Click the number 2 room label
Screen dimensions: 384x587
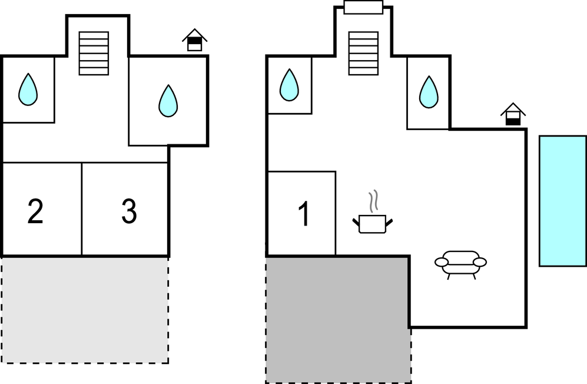pyautogui.click(x=35, y=212)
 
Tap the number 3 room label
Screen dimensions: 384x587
pyautogui.click(x=129, y=212)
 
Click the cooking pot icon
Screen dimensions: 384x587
pyautogui.click(x=372, y=224)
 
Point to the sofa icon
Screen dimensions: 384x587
pyautogui.click(x=460, y=263)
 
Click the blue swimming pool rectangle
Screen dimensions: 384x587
pyautogui.click(x=562, y=201)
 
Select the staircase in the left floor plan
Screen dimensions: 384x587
pyautogui.click(x=94, y=53)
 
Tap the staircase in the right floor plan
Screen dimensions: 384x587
pyautogui.click(x=363, y=53)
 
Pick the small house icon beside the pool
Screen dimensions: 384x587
pyautogui.click(x=513, y=114)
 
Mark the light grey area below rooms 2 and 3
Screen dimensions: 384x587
pyautogui.click(x=85, y=310)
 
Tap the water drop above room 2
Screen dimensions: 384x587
pyautogui.click(x=28, y=90)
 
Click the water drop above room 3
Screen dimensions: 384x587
pyautogui.click(x=168, y=101)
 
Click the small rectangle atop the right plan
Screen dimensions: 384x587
pyautogui.click(x=363, y=8)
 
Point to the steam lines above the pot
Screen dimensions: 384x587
pyautogui.click(x=372, y=202)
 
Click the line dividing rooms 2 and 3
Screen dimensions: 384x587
pyautogui.click(x=82, y=209)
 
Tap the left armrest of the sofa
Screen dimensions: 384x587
pyautogui.click(x=441, y=263)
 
